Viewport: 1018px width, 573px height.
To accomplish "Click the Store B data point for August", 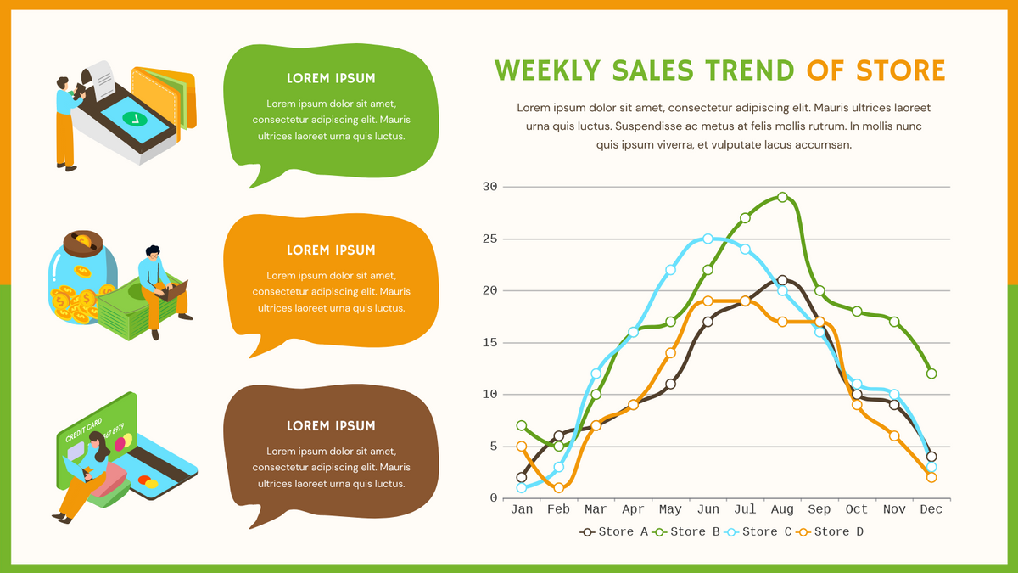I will [x=782, y=197].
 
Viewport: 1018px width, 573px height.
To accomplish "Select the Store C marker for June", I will [x=708, y=239].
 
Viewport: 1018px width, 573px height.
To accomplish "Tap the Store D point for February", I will [x=558, y=487].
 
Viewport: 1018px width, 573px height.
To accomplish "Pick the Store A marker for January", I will [x=521, y=477].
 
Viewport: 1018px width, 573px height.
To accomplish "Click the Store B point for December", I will [x=931, y=374].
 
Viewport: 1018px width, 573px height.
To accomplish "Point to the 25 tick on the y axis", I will [x=489, y=239].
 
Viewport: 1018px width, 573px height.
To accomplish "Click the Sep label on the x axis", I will [x=819, y=509].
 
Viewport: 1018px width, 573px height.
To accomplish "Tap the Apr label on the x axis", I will [x=633, y=509].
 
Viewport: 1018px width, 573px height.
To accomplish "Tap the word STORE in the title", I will [x=900, y=70].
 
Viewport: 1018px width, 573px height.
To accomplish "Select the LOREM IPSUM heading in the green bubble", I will [x=331, y=78].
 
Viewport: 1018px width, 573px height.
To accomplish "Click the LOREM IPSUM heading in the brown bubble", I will [x=331, y=426].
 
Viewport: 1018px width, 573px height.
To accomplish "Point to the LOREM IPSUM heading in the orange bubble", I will [x=331, y=250].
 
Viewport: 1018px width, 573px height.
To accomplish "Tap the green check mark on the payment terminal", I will [x=131, y=118].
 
